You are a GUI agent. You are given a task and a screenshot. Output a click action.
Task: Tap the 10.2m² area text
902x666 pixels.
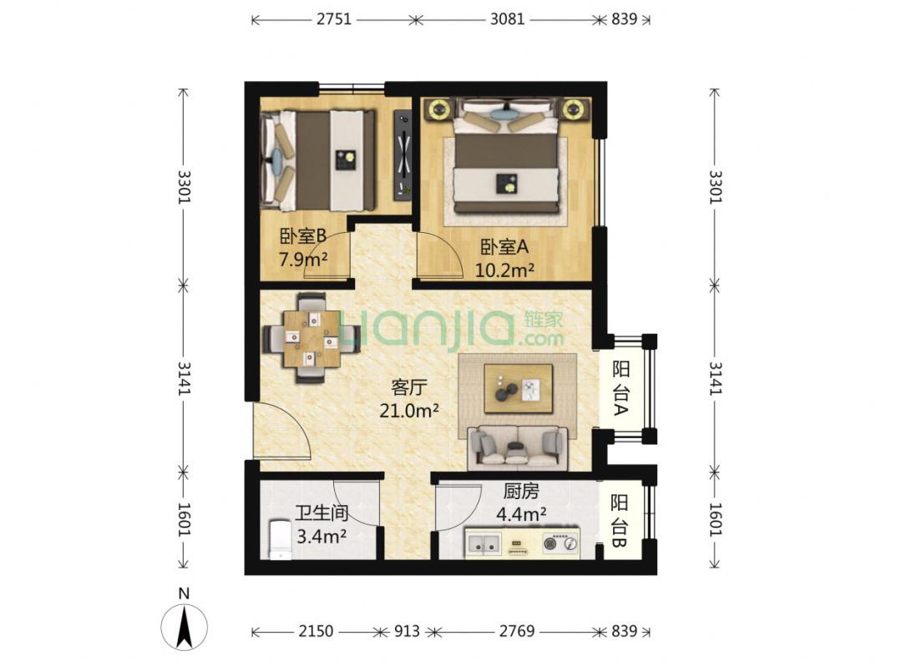[x=504, y=270]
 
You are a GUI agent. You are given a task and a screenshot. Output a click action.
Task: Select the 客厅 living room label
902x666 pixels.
[x=409, y=387]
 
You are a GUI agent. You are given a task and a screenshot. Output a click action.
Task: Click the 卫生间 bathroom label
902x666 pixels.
[x=321, y=514]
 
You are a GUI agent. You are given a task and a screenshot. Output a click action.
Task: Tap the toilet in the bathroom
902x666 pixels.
[x=278, y=540]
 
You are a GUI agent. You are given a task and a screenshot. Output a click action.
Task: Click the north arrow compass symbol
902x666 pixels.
[x=185, y=623]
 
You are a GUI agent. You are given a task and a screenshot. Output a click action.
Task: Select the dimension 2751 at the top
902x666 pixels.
[x=333, y=18]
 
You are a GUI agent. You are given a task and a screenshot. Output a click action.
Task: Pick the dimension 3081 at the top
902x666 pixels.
[x=506, y=18]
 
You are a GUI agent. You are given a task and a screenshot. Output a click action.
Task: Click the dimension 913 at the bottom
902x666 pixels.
[x=406, y=631]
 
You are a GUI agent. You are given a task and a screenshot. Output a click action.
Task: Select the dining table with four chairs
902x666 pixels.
[x=311, y=337]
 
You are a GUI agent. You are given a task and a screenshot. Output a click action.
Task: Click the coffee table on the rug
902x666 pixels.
[x=518, y=388]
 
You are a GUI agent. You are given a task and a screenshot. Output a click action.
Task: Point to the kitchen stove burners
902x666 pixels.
[x=560, y=544]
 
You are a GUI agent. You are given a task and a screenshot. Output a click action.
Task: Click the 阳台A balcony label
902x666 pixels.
[x=621, y=388]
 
